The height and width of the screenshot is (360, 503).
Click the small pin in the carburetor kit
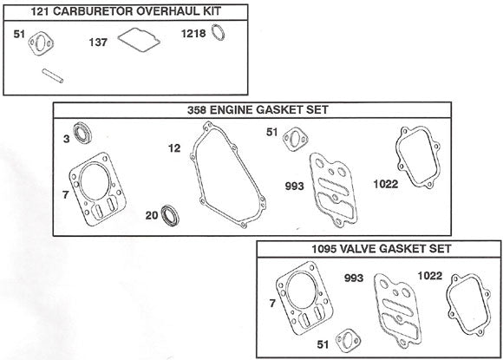(x=52, y=76)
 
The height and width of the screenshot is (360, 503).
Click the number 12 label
(x=173, y=148)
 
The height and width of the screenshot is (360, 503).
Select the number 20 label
(x=150, y=215)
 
